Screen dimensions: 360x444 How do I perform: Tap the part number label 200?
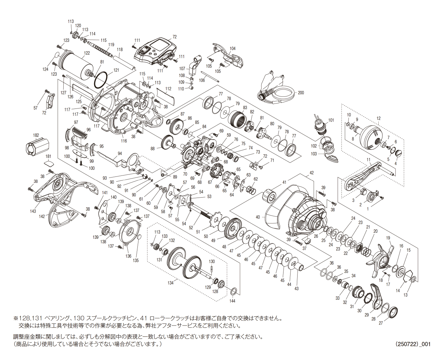point(301,93)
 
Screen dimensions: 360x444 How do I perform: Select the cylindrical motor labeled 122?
point(74,65)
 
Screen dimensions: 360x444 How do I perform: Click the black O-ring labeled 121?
point(101,80)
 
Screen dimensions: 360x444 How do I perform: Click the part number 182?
point(36,135)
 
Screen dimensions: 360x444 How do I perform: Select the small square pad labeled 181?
point(49,163)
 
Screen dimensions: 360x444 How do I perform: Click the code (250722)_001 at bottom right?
point(413,344)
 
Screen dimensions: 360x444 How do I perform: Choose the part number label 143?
point(33,211)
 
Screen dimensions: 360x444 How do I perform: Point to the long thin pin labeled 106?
point(210,77)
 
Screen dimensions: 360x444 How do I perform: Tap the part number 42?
point(312,173)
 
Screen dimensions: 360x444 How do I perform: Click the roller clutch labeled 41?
point(269,196)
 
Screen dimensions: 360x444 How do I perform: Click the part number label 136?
point(128,256)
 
